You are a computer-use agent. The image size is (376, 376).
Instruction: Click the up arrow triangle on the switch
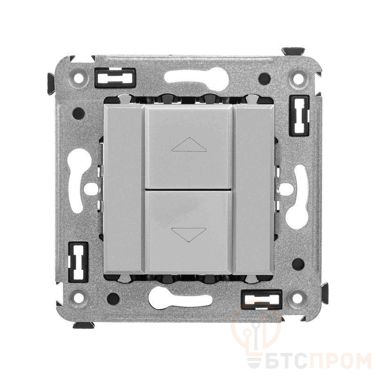pos(189,145)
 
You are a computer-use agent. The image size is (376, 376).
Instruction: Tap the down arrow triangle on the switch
pos(188,235)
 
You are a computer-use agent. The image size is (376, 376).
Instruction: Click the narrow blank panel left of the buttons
pos(124,189)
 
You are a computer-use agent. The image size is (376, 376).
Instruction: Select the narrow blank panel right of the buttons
pos(253,189)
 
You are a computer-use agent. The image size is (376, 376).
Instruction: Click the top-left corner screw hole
pos(78,78)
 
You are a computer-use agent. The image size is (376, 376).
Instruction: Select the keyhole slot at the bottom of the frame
pos(180,298)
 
